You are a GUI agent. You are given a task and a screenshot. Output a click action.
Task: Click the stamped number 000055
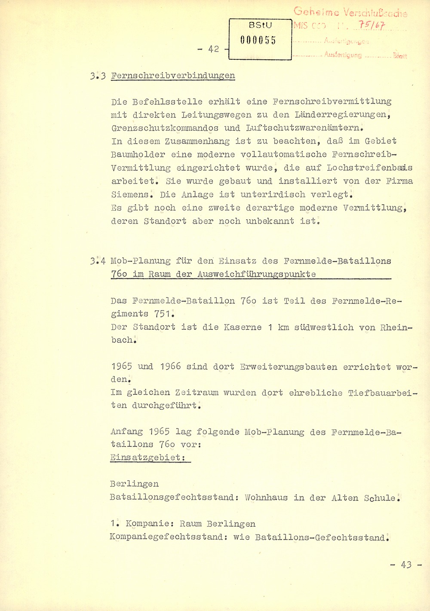(x=258, y=40)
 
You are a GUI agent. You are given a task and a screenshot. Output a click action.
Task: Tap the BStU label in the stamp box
(x=260, y=26)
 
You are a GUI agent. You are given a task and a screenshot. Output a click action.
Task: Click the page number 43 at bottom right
(x=406, y=565)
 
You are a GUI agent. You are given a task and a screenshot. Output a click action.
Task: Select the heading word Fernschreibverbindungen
(x=173, y=76)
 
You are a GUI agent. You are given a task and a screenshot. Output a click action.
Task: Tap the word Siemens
(x=132, y=194)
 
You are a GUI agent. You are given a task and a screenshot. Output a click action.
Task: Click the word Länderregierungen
(x=342, y=115)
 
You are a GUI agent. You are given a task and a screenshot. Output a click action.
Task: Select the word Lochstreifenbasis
(x=369, y=168)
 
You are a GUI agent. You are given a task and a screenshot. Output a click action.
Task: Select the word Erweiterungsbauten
(x=289, y=367)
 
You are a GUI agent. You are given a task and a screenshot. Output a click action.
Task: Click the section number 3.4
(x=98, y=261)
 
